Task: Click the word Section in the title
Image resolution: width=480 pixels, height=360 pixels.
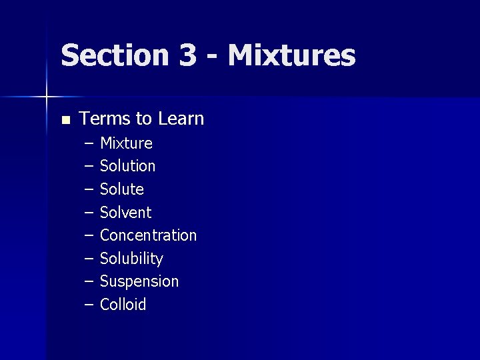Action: coord(115,55)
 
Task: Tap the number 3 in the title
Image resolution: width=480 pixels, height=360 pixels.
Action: coord(187,55)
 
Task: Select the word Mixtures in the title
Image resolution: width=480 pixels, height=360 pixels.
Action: coord(291,55)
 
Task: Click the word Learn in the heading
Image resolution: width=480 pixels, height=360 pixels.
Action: coord(181,119)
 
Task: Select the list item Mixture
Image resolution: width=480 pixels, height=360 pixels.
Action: coord(126,143)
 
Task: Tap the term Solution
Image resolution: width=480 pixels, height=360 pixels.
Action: coord(127,166)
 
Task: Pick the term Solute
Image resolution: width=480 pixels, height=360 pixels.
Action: coord(121,189)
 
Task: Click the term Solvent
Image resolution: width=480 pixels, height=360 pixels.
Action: coord(125,213)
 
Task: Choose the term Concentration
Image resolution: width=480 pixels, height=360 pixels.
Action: coord(148,235)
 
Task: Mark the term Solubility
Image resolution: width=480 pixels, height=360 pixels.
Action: coord(131,259)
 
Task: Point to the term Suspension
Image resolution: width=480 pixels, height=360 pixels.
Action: coord(139,281)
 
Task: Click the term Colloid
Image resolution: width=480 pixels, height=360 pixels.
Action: coord(123,305)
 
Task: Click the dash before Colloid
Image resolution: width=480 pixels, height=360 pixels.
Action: coord(89,305)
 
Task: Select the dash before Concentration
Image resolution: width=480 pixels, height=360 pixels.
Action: coord(89,236)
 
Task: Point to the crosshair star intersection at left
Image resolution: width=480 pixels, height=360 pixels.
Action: coord(46,97)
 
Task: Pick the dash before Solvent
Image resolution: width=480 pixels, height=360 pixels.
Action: coord(89,213)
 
